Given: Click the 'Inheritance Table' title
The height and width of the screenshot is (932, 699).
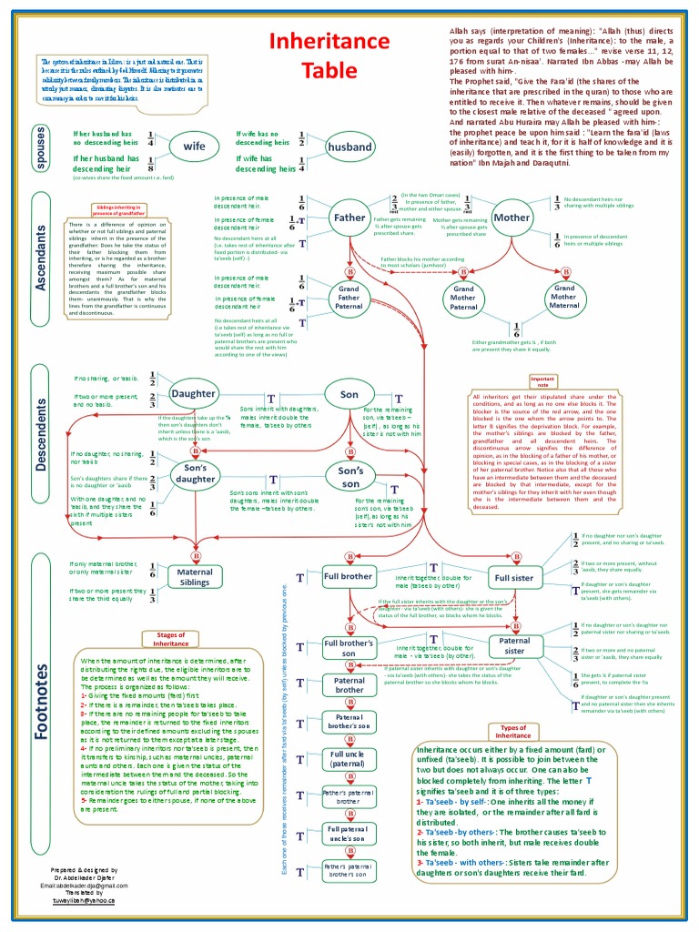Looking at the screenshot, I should click(x=314, y=56).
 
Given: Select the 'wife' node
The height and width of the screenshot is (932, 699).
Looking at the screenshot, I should click(x=195, y=146).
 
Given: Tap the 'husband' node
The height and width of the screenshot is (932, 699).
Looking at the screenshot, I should click(x=349, y=147).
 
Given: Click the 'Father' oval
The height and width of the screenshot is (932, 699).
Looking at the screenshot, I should click(x=349, y=218).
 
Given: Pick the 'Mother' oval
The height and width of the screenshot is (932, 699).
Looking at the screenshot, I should click(x=511, y=218).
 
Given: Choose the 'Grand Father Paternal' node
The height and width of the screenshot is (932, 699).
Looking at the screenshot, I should click(x=349, y=299).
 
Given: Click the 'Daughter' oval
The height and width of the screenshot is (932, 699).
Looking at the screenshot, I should click(x=193, y=394).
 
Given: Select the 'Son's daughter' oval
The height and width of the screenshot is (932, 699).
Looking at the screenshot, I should click(x=195, y=473).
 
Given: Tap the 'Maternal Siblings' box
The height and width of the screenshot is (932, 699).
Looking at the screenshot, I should click(x=195, y=577).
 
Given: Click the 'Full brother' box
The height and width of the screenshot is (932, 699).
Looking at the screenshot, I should click(x=348, y=576).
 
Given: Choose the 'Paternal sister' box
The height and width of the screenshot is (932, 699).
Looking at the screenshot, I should click(x=514, y=645).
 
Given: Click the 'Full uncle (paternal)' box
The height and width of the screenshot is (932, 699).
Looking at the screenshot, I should click(x=348, y=760).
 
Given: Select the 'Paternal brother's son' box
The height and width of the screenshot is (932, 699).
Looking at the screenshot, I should click(x=348, y=722).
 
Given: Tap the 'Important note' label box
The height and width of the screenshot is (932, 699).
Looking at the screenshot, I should click(x=542, y=380).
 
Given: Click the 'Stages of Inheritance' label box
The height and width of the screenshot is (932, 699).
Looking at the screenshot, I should click(x=171, y=638).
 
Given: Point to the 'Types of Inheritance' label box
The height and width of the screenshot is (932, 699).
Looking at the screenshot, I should click(x=513, y=732).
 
